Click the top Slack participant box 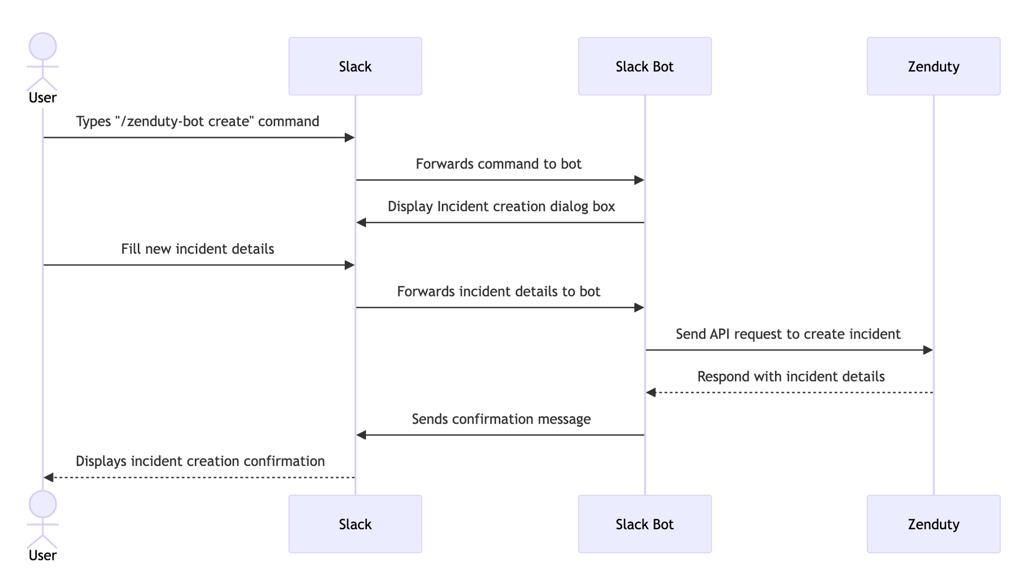tap(355, 66)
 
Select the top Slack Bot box tap(645, 66)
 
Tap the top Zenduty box tap(933, 66)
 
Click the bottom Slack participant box tap(355, 524)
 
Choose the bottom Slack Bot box tap(645, 524)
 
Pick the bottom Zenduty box tap(933, 524)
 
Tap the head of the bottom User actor tap(43, 504)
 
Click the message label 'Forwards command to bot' tap(499, 164)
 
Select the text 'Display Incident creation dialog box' tap(501, 206)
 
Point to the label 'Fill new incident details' tap(198, 249)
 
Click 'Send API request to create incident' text tap(788, 334)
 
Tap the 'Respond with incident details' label tap(791, 377)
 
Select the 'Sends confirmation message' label tap(501, 419)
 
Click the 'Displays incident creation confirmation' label tap(200, 461)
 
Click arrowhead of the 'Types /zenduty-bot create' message tap(350, 137)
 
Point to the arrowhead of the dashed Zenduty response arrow tap(651, 392)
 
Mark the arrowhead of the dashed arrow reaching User tap(49, 478)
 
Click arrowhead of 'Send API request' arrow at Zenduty tap(928, 350)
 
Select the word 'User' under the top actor tap(43, 98)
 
